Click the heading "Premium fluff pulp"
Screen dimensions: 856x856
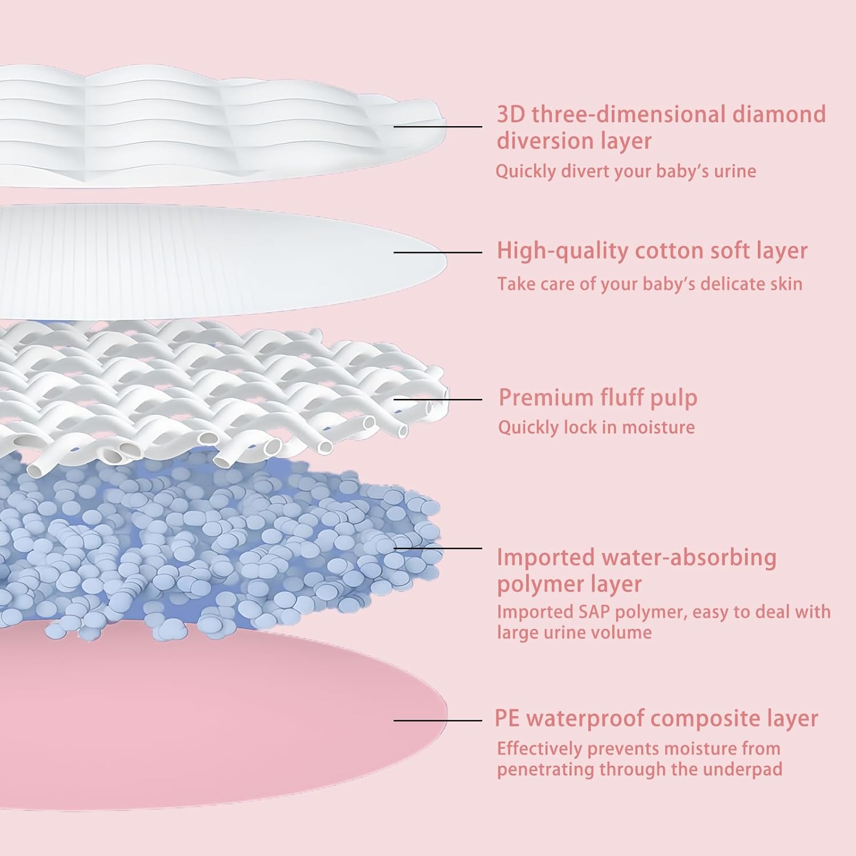597,398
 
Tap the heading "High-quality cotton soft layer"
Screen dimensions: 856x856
652,251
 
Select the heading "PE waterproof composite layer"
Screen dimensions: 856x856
656,718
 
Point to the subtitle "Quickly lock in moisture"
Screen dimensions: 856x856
596,427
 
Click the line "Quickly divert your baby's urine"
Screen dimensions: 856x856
625,171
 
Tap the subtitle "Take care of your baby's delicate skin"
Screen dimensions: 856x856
649,284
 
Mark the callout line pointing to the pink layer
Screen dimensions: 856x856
438,720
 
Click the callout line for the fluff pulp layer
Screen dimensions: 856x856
438,399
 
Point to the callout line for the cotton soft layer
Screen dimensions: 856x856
438,252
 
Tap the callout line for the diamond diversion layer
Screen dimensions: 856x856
438,126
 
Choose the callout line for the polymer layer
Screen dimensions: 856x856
438,548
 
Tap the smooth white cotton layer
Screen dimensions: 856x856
217,257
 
